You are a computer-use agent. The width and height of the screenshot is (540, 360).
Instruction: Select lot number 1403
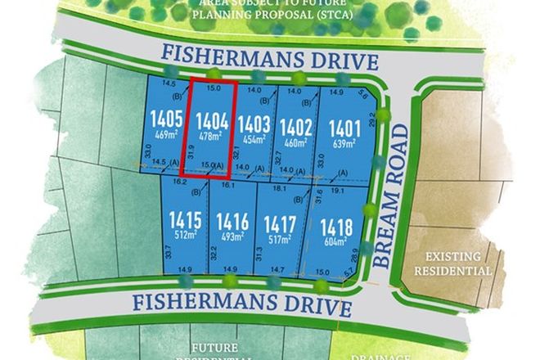coord(254,124)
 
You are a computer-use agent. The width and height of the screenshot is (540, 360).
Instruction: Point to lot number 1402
coord(296,127)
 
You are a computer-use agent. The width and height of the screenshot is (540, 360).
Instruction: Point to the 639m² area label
coord(344,144)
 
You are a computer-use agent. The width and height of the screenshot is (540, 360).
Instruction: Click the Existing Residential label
coord(452,262)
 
